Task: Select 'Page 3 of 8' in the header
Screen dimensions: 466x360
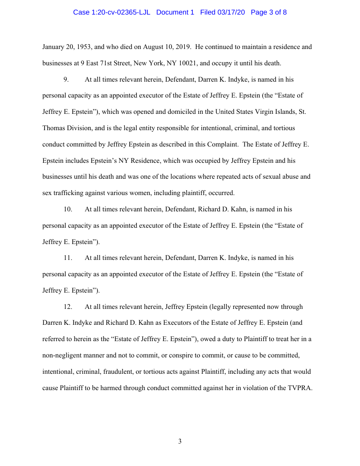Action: point(269,12)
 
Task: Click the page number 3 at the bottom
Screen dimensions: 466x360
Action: point(180,441)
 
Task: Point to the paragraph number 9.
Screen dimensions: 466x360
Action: point(66,80)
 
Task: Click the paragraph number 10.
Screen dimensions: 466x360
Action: point(67,209)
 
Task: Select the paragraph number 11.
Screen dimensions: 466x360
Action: point(67,258)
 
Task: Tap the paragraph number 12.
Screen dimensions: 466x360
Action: point(67,306)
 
